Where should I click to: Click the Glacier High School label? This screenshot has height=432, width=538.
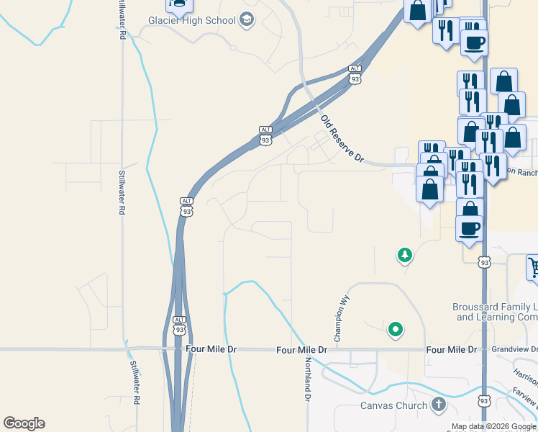coord(192,19)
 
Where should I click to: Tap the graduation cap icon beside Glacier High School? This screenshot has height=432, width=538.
coord(247,19)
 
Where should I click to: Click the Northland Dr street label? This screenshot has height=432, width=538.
coord(307,379)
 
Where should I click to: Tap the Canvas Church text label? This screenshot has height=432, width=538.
coord(394,405)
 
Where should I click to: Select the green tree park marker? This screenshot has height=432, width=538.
coord(405,255)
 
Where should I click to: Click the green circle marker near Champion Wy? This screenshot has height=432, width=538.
coord(395,330)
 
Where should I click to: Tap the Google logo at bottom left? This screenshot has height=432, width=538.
coord(24,423)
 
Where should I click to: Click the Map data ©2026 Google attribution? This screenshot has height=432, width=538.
coord(494,426)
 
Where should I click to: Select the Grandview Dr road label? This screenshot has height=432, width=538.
coord(514,349)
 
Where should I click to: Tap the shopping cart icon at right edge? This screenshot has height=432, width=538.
coord(532,266)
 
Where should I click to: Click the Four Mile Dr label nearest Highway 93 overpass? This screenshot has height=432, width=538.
coord(211,348)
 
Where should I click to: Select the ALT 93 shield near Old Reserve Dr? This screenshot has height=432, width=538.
coord(355,74)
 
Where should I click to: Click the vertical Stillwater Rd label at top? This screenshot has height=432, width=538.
coord(123,20)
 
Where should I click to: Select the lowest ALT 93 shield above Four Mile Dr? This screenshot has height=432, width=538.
coord(180,325)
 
